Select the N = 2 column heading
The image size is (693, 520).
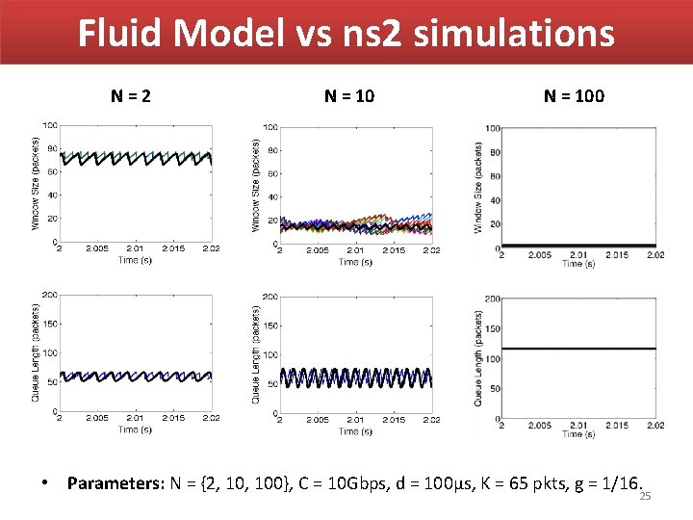point(131,95)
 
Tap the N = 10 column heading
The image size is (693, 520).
point(349,95)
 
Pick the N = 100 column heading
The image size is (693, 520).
point(575,95)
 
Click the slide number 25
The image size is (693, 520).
point(646,496)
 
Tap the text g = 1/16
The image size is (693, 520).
point(605,482)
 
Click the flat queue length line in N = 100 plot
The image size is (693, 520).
point(577,349)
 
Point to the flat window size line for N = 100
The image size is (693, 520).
point(577,246)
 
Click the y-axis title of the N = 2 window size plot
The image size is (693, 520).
point(37,182)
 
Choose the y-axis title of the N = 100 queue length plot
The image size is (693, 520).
point(478,357)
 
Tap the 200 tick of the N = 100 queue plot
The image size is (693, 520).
point(491,299)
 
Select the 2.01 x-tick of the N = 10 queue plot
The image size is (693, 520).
point(355,421)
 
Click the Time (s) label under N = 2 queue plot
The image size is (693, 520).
point(135,429)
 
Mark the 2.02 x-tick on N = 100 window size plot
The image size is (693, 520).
point(654,254)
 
